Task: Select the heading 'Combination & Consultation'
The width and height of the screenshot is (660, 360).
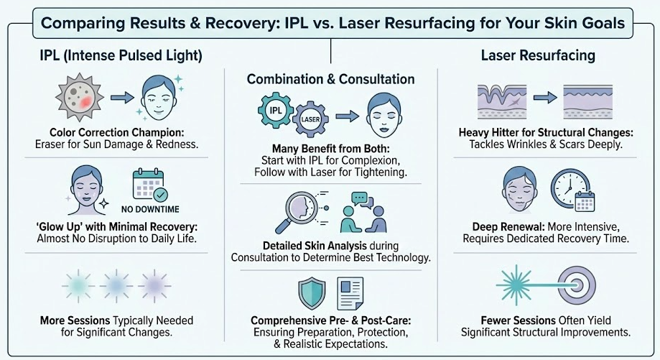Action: [x=330, y=79]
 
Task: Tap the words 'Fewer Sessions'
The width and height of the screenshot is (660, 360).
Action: [x=506, y=320]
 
